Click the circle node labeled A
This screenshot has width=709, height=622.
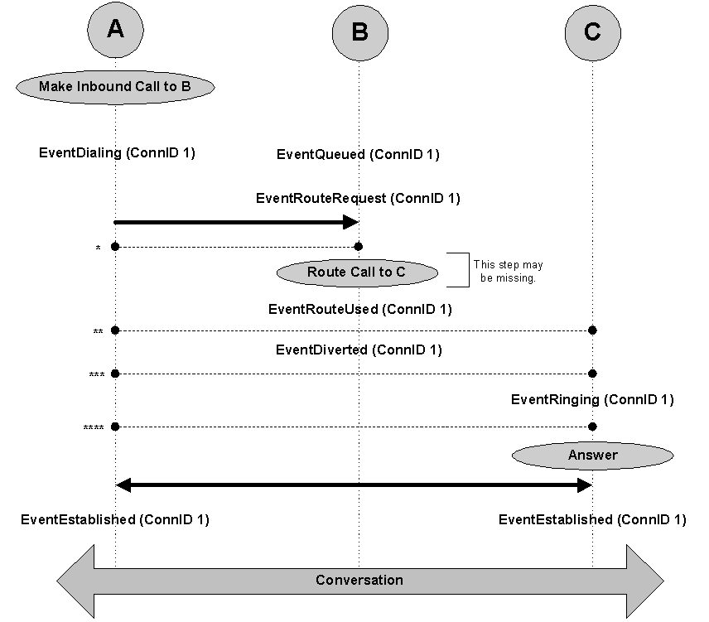pos(115,31)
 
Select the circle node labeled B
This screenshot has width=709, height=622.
pos(359,32)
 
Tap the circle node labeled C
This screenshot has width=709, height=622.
pos(592,32)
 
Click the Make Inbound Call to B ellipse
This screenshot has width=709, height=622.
pos(115,85)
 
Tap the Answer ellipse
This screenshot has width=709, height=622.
pos(592,456)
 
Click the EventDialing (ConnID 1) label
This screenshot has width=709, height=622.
pos(117,152)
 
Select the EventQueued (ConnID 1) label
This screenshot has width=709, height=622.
pos(358,154)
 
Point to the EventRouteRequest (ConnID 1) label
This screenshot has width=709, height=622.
pos(358,199)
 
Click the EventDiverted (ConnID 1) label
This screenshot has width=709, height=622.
pos(359,350)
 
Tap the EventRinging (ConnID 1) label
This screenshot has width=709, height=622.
pos(592,400)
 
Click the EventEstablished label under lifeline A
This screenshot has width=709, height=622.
pos(115,520)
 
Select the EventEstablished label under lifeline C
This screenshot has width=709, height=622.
pos(592,520)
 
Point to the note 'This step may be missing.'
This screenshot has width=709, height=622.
pos(508,272)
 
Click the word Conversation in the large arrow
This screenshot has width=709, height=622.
pos(359,580)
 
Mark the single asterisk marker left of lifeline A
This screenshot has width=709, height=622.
pos(99,248)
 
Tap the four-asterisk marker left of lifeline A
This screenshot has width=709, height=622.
pos(94,428)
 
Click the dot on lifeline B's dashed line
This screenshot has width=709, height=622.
pos(359,247)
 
